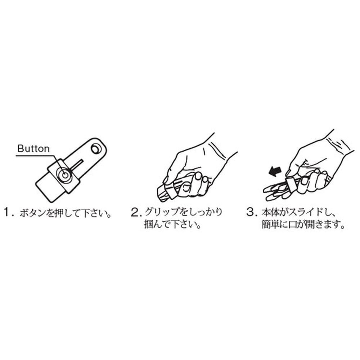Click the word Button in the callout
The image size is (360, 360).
coord(33,149)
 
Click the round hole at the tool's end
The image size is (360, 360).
coord(96,149)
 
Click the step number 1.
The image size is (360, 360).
coord(7,212)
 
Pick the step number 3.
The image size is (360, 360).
coord(250,212)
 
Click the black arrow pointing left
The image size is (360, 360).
coord(275,172)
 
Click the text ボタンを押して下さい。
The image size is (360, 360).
coord(66,213)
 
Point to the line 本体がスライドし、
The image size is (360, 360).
coord(299,212)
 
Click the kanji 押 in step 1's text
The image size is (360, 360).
coord(60,213)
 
